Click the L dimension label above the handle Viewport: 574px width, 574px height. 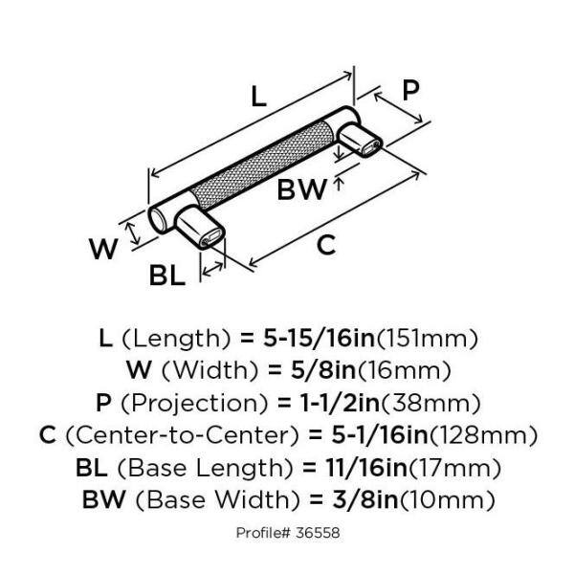point(256,96)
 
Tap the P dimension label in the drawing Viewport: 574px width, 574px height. point(409,91)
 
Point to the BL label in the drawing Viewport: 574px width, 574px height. point(167,276)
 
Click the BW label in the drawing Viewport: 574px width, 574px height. point(301,189)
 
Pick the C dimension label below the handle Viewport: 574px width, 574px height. point(326,245)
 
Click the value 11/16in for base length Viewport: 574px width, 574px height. point(345,468)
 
